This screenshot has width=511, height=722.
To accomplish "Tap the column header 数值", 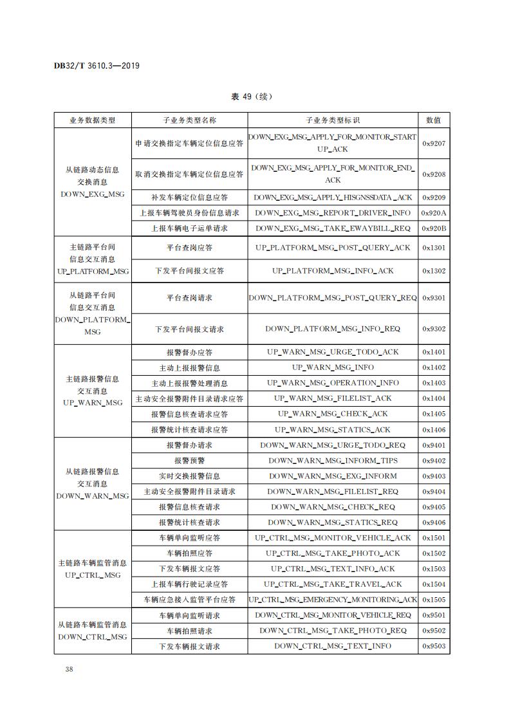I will point(433,120).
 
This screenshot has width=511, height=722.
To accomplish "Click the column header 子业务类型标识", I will point(332,120).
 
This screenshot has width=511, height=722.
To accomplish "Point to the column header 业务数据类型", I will point(93,120).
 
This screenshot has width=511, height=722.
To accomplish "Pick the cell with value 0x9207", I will point(433,143).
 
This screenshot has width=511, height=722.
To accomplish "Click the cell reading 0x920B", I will point(433,228).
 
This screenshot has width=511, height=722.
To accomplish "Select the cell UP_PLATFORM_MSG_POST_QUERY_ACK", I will point(332,248).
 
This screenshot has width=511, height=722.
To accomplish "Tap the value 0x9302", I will point(433,329).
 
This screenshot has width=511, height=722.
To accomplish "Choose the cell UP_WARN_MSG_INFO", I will point(332,367).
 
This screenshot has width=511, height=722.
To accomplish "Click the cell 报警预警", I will point(189,461).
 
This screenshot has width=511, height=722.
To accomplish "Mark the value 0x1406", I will point(433,430).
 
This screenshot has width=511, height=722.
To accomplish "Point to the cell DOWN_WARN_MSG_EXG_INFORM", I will point(332,476).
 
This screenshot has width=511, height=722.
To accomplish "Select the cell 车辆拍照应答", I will point(189,553).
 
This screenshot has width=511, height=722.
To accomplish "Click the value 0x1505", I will point(433,600).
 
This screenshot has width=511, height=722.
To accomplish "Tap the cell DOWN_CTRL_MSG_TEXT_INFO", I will point(332,646).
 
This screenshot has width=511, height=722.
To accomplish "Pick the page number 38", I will point(70,669).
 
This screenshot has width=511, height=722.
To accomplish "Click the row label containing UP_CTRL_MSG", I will point(93,569).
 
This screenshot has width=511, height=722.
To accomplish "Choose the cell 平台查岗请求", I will point(189,298).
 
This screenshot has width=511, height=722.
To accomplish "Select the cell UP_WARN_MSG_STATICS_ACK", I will point(332,430).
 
